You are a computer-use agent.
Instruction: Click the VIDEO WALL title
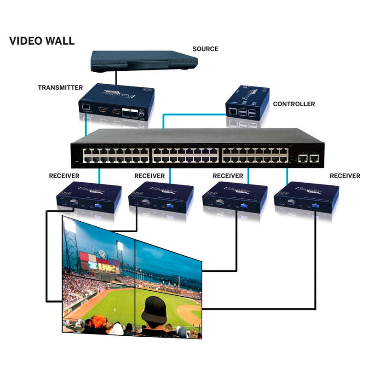tap(42, 41)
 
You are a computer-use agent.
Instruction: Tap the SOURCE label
tap(205, 49)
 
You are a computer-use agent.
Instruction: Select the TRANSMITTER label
tap(60, 87)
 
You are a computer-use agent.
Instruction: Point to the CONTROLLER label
tap(294, 104)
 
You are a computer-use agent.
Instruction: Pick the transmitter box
tap(116, 102)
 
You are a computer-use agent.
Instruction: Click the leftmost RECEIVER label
tap(64, 176)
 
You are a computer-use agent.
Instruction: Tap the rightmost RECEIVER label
tap(345, 176)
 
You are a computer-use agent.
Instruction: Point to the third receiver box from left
tap(235, 197)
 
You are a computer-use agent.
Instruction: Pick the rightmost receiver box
tap(306, 197)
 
